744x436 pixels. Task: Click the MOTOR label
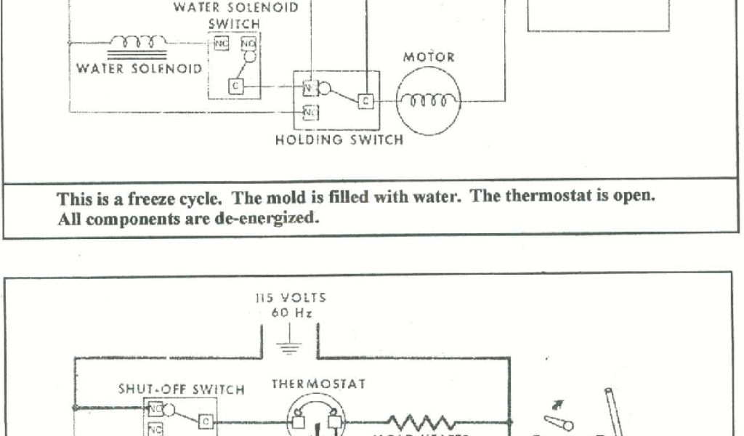coord(429,57)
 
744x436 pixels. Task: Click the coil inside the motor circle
coord(429,101)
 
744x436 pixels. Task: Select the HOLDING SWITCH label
coord(339,140)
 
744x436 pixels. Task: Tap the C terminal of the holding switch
coord(365,100)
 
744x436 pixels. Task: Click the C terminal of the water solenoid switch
coord(235,86)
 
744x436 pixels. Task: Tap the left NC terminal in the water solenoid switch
coord(221,44)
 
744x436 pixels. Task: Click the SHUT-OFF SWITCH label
coord(182,389)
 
